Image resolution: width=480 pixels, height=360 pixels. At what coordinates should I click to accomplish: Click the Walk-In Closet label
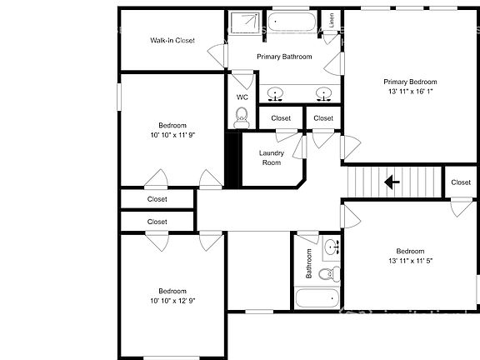click(172, 40)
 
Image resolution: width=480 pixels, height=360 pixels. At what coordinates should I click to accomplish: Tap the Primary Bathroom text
click(284, 57)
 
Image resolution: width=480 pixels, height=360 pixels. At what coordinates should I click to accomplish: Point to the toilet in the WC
click(242, 118)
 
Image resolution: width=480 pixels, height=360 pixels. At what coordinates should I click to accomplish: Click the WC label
click(242, 97)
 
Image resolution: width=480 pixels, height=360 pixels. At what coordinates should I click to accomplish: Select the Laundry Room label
click(272, 157)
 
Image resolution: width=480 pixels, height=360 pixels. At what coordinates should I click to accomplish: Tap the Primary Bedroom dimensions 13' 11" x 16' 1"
click(410, 92)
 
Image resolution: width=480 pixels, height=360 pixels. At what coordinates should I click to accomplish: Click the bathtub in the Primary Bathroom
click(292, 22)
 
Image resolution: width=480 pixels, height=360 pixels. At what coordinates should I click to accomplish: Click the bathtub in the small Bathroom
click(317, 297)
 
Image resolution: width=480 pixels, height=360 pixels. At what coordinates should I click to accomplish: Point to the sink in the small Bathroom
click(331, 247)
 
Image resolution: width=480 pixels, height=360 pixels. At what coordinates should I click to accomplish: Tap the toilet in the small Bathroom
click(327, 272)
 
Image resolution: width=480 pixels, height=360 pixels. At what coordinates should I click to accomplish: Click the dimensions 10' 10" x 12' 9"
click(172, 300)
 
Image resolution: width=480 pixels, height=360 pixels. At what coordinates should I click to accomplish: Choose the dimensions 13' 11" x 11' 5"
click(409, 261)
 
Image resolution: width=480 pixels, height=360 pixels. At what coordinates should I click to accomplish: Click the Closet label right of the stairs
click(461, 182)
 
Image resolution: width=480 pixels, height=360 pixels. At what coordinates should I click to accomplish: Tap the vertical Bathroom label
click(308, 263)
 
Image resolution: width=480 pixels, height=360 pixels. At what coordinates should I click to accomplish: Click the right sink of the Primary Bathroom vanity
click(324, 92)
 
